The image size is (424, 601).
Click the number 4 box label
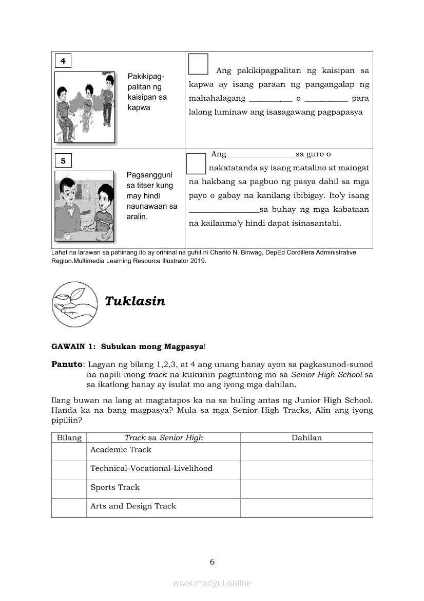pos(63,61)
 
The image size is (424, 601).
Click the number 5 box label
pos(63,161)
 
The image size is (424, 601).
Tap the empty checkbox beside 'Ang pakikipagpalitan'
pos(198,64)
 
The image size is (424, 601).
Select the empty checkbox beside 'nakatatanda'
pos(196,163)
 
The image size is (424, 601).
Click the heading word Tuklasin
pos(135,301)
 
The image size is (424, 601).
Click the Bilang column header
pos(69,438)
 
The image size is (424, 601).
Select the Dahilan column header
pos(306,438)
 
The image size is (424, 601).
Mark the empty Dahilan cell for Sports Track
pos(306,489)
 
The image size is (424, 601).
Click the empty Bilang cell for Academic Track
pos(69,451)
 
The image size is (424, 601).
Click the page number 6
pos(212,562)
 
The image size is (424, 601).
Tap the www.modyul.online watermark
pos(212,584)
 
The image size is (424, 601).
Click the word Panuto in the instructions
pos(67,364)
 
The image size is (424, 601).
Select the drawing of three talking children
pos(85,107)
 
